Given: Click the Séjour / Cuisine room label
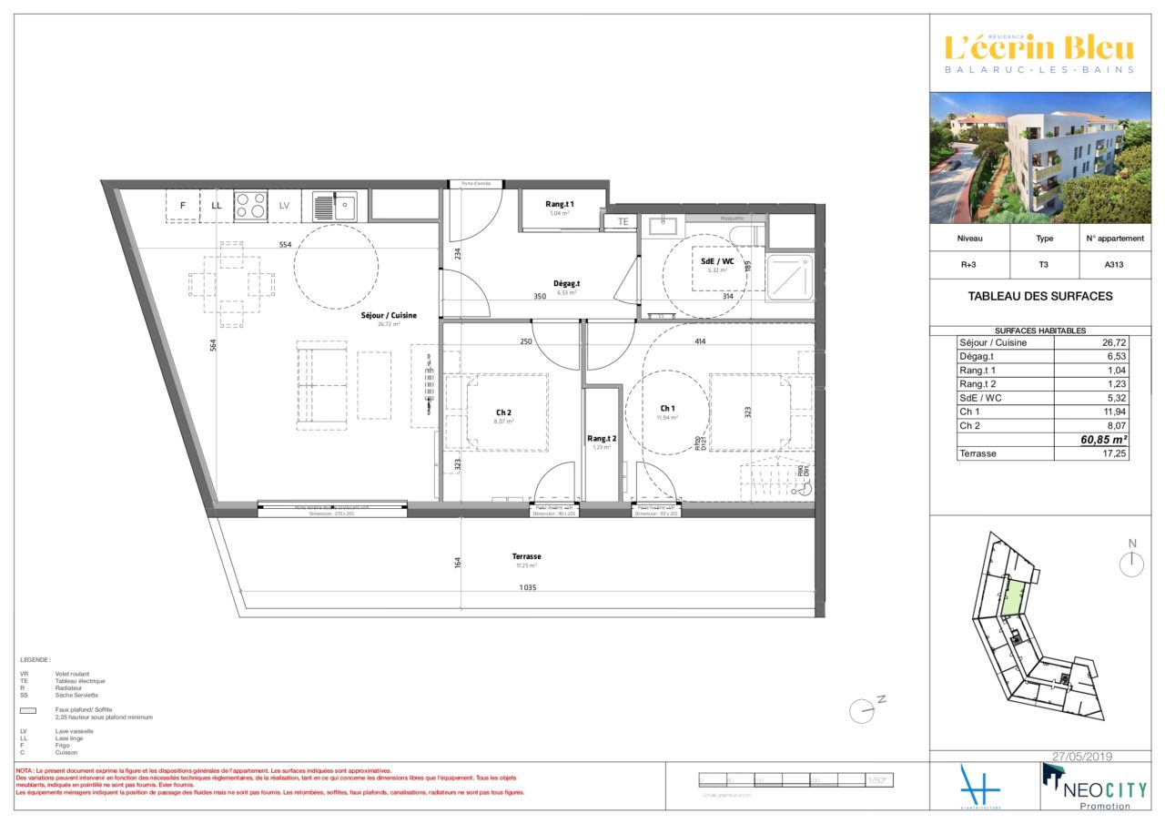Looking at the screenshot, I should coord(389,315).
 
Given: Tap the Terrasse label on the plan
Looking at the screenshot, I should coord(526,556).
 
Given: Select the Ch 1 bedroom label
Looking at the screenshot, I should coord(667,408).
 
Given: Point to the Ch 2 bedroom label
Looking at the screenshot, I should coord(503,412).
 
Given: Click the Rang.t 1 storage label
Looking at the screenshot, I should coord(559,204).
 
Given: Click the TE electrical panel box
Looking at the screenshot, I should coord(623,221).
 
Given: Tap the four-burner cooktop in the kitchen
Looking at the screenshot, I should coord(251,206).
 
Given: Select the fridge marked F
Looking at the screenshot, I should coord(183,206).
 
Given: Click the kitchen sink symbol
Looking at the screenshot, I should coord(335,206).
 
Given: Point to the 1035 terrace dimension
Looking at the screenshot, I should coord(527,588).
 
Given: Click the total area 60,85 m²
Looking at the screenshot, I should coord(1102,440).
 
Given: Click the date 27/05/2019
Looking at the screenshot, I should coord(1082,757).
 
